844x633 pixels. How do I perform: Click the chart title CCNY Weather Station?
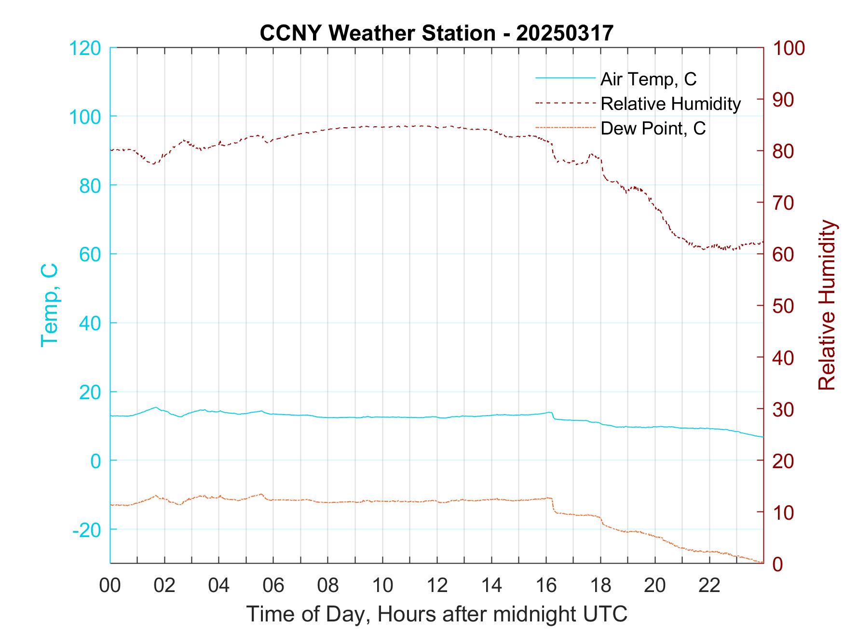tap(436, 33)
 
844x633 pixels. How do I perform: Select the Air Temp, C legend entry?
tap(648, 79)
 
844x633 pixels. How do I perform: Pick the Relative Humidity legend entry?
tap(670, 104)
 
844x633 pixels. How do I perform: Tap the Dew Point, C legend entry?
tap(653, 128)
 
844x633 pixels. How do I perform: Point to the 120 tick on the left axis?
tap(85, 48)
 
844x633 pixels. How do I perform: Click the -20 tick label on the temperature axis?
tap(87, 530)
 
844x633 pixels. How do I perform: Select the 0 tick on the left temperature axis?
tap(95, 461)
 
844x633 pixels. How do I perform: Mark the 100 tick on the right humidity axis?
tap(789, 48)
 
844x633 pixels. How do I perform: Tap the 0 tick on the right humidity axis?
tap(778, 564)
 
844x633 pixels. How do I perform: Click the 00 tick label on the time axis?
tap(110, 585)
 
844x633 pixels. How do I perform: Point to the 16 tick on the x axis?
tap(546, 585)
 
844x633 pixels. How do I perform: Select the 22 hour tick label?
tap(709, 585)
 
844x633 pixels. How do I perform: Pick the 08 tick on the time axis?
tap(328, 585)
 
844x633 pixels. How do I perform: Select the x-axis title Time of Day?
tap(436, 614)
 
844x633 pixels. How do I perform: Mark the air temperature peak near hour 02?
tap(155, 407)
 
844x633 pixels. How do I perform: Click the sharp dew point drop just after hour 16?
tap(553, 506)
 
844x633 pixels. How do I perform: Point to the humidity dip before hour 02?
tap(154, 163)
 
